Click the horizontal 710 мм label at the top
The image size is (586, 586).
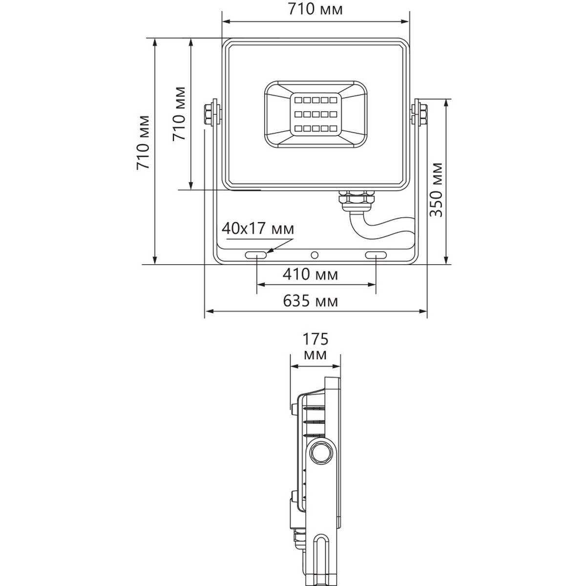point(315,10)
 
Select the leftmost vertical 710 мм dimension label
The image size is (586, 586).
point(144,143)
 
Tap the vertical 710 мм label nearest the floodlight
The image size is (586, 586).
point(180,113)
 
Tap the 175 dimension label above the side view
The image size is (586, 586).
point(315,338)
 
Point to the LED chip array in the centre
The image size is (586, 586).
point(315,115)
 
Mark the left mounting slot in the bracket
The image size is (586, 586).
point(256,255)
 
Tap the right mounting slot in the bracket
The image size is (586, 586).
point(376,255)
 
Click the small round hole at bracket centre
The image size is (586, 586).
point(315,255)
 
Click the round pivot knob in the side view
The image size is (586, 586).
point(320,452)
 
